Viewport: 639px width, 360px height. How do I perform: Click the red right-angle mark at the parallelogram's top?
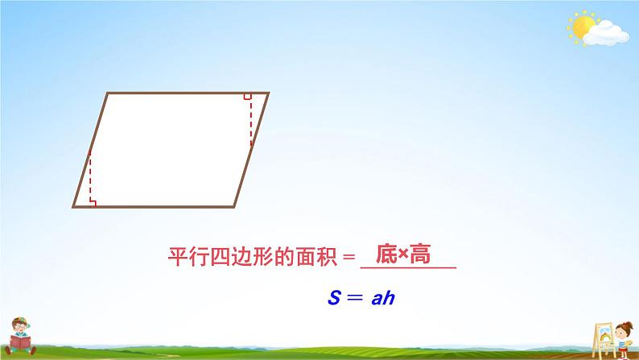[x=247, y=97]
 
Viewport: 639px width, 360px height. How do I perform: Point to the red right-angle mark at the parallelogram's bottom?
[x=93, y=203]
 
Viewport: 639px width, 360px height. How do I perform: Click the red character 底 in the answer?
[x=387, y=255]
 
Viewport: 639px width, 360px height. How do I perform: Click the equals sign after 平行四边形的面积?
[x=348, y=257]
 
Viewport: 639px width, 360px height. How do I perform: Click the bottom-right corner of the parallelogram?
[x=235, y=206]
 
